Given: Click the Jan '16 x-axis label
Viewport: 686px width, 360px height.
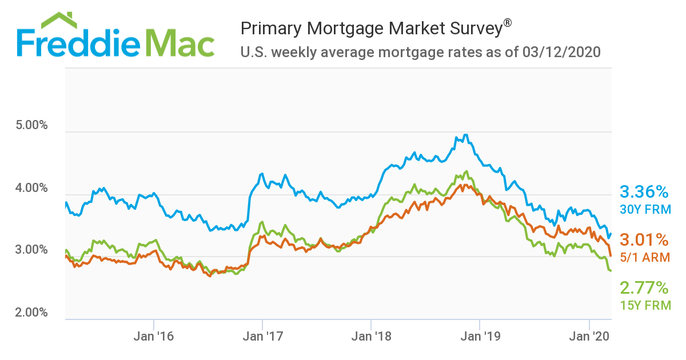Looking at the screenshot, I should pyautogui.click(x=154, y=336).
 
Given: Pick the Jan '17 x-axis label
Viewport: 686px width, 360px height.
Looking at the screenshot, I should pyautogui.click(x=262, y=336).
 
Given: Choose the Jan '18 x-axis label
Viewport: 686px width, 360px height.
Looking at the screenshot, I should pyautogui.click(x=371, y=336).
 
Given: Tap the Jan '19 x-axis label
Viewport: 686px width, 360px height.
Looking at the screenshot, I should pyautogui.click(x=480, y=336).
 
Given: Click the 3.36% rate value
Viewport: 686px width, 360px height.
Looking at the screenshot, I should pyautogui.click(x=644, y=191).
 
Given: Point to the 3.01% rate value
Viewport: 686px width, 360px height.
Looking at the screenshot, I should pyautogui.click(x=644, y=239).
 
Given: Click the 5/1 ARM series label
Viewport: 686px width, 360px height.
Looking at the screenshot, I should pyautogui.click(x=645, y=257).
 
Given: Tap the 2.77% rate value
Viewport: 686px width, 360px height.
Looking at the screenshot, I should pyautogui.click(x=644, y=287).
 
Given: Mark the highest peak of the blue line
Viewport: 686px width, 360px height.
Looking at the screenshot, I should pyautogui.click(x=466, y=135).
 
